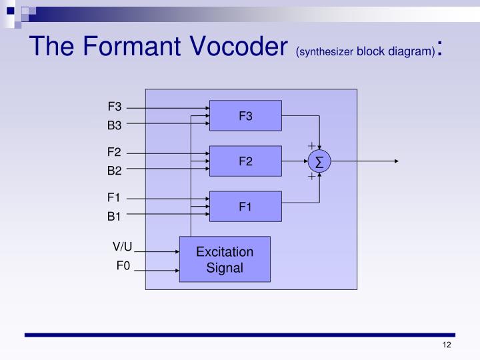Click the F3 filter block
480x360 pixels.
(x=245, y=116)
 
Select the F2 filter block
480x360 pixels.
(x=245, y=161)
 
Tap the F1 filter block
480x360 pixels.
(x=245, y=206)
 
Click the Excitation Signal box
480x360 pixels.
(x=225, y=259)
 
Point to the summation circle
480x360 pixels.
(x=319, y=161)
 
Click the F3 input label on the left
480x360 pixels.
(x=115, y=107)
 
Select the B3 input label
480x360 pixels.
(x=115, y=125)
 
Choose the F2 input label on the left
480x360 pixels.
(x=115, y=153)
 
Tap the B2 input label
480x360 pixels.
(x=115, y=171)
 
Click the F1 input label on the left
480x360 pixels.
(x=115, y=197)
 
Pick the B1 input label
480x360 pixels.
(x=115, y=215)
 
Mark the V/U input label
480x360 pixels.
(x=123, y=248)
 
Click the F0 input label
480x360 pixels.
(x=123, y=267)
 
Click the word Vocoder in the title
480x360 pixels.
(x=227, y=47)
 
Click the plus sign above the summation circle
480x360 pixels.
(x=311, y=145)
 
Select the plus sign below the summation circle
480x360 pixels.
(x=311, y=177)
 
